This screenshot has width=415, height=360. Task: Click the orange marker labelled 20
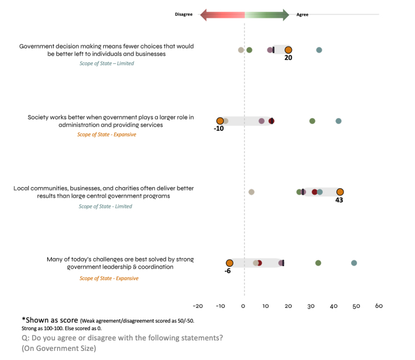point(288,50)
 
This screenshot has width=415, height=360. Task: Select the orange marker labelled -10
point(220,121)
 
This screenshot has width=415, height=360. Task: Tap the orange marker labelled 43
point(340,192)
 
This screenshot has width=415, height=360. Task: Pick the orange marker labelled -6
point(229,263)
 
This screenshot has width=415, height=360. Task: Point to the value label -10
point(218,129)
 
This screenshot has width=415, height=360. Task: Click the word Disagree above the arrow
point(184,15)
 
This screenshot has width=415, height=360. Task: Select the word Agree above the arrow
point(303,15)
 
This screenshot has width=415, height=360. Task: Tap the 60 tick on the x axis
point(379,306)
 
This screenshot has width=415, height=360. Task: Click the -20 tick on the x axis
point(198,306)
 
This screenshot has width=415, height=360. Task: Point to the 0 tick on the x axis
point(244,306)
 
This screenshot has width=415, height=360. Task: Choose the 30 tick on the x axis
point(311,306)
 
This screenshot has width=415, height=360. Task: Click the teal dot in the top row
point(319,50)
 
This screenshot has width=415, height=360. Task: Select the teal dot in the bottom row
point(354,263)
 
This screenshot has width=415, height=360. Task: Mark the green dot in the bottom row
point(318,263)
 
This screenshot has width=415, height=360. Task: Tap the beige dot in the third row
point(251,192)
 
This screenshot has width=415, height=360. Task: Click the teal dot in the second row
point(338,121)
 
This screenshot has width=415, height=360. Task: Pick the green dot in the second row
point(312,121)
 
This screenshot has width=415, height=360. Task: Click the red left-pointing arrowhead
point(203,15)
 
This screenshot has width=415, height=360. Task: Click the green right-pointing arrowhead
point(286,15)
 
